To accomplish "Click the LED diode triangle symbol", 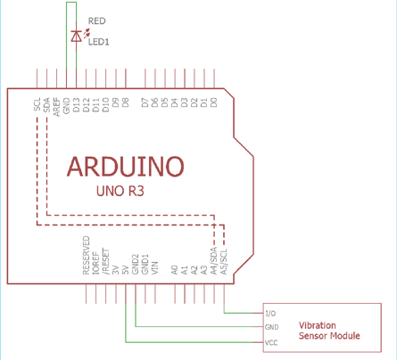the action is (x=77, y=36).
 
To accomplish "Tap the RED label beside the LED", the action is (x=97, y=21).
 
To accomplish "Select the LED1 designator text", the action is (x=99, y=42).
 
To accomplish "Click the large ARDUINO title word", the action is (x=126, y=167).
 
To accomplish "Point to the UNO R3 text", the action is (x=120, y=191).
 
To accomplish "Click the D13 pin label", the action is (x=77, y=105).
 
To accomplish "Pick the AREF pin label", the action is (x=56, y=107).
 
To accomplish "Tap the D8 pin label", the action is (x=126, y=102).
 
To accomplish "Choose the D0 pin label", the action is (x=214, y=102).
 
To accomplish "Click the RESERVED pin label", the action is (x=86, y=256).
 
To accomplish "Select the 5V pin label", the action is (x=126, y=270).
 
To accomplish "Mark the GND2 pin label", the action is (x=136, y=265).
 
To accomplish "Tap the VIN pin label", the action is (x=155, y=268).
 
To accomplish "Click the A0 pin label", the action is (x=175, y=270).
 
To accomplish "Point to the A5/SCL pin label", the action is (x=224, y=262).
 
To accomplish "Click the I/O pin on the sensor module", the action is (x=270, y=314).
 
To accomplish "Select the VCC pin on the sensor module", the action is (x=271, y=343).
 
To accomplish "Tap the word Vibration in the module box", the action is (x=318, y=325).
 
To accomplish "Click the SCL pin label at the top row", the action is (x=37, y=104).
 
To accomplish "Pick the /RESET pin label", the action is (x=105, y=262).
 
